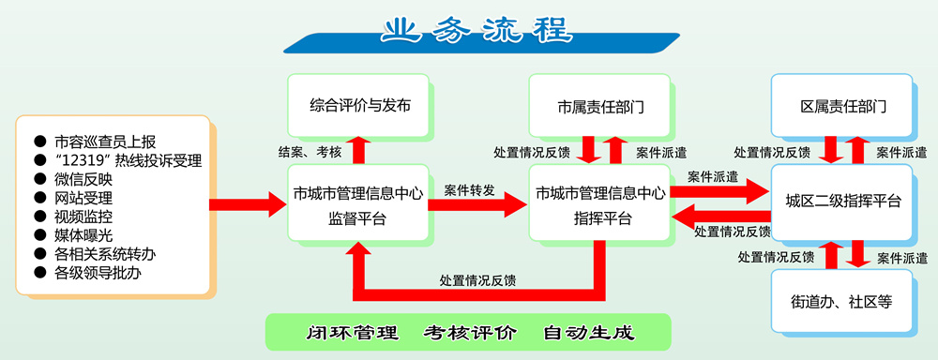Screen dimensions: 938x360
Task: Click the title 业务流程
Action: click(x=477, y=30)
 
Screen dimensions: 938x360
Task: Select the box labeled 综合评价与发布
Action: click(x=358, y=105)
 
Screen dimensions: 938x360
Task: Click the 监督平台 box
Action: click(x=358, y=203)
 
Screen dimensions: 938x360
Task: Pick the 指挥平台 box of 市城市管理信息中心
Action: click(x=599, y=203)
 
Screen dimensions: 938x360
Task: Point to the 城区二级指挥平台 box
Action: click(x=841, y=202)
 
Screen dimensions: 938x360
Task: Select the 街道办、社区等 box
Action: click(x=841, y=301)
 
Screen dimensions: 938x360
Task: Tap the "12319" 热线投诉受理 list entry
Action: click(x=128, y=160)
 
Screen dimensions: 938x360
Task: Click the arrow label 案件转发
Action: click(x=470, y=190)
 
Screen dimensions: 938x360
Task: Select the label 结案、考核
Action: click(x=310, y=152)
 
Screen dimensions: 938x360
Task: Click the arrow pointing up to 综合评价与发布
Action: click(x=359, y=150)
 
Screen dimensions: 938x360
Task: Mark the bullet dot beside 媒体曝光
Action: click(x=40, y=234)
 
